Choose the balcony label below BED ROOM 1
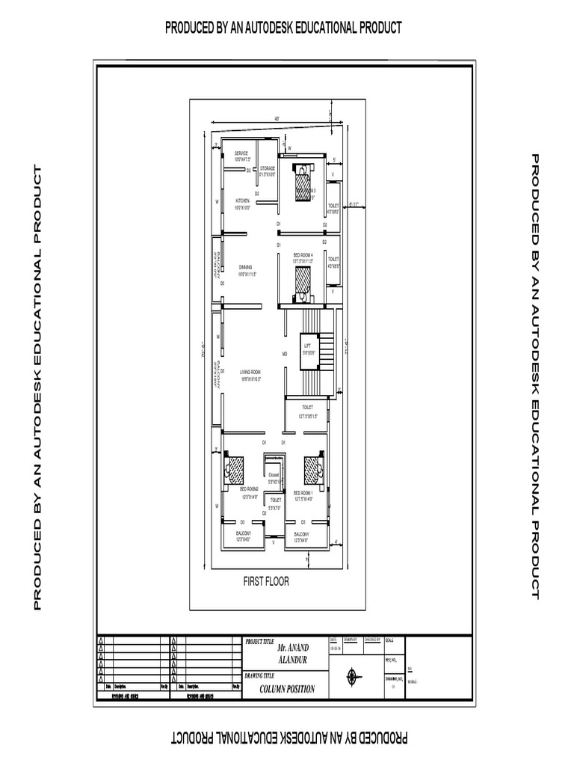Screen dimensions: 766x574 tap(302, 536)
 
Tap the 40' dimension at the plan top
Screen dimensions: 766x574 tap(277, 119)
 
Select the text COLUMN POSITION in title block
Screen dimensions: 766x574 tap(287, 690)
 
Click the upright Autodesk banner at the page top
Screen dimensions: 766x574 tap(283, 28)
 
